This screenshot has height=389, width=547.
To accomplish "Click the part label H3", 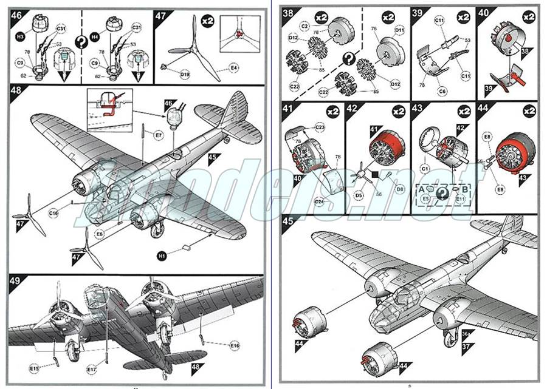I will [20, 37].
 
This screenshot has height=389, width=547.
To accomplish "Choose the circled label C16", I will [54, 213].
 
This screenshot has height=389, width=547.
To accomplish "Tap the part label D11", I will [399, 30].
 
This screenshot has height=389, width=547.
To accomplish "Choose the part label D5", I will [359, 195].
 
